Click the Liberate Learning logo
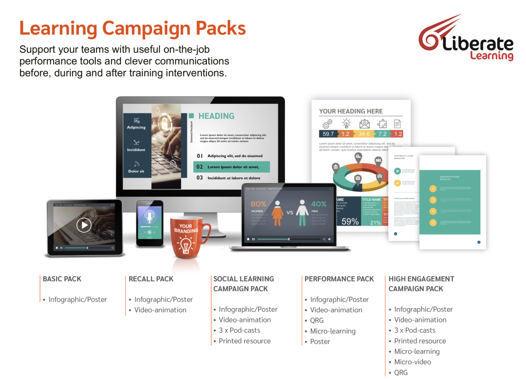tap(466, 39)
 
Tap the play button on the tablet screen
tap(84, 225)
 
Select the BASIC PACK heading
tap(62, 279)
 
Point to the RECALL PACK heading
tap(151, 279)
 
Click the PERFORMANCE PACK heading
tap(339, 279)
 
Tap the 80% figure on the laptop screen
tap(258, 204)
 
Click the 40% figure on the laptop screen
tap(318, 204)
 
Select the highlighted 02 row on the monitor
tap(232, 167)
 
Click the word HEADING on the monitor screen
tap(216, 116)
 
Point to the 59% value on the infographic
tap(350, 222)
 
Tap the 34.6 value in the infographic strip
tap(364, 134)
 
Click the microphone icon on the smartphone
tap(149, 216)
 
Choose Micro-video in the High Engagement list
tap(413, 362)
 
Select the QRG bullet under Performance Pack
tap(317, 320)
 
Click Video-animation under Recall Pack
tap(160, 310)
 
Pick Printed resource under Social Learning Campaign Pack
tap(245, 341)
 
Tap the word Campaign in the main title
tap(146, 28)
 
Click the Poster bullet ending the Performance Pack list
tap(320, 342)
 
